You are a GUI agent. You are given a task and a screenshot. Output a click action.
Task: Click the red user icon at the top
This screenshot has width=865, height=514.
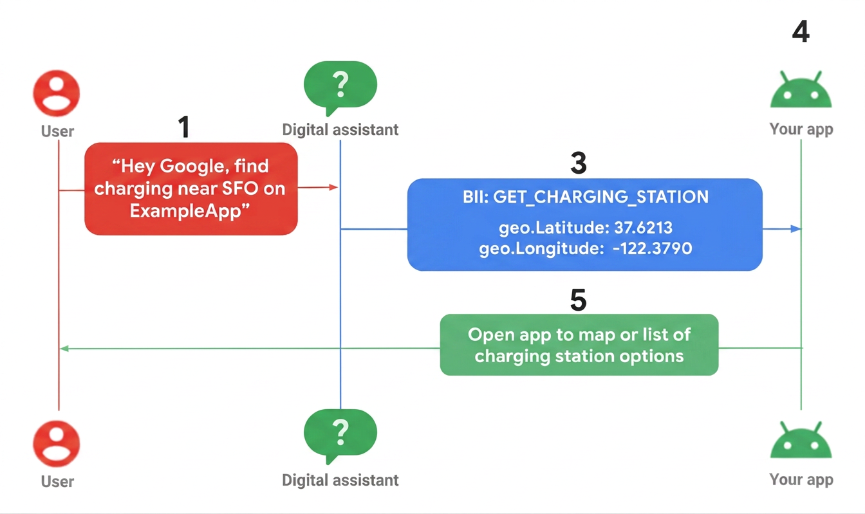(57, 93)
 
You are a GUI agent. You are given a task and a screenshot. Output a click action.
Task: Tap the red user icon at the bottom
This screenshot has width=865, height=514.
(57, 444)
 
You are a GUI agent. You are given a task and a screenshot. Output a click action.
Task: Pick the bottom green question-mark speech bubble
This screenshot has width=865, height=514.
(340, 436)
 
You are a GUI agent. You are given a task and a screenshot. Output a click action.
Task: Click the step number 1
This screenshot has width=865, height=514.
(184, 127)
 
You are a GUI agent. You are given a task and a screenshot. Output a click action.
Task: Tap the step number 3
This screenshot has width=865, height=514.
(579, 163)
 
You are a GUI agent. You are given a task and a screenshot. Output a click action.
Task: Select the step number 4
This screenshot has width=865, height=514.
(801, 31)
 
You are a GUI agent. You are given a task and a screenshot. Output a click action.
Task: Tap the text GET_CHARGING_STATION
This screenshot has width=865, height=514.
(601, 197)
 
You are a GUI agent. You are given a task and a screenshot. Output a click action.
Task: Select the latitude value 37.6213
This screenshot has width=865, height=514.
(644, 228)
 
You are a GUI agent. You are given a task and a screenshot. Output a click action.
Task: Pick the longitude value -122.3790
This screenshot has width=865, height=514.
(653, 248)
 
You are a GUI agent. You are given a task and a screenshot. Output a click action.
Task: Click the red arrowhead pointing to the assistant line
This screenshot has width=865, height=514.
(333, 187)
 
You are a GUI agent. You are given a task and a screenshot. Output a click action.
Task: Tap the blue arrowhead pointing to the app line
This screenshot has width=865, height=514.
(796, 229)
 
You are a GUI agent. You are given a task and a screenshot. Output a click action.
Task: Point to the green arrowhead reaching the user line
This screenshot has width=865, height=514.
(64, 349)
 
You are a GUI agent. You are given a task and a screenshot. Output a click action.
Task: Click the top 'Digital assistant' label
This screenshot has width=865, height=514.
(340, 130)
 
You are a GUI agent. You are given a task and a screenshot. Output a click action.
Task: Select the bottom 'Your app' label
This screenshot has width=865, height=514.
(801, 480)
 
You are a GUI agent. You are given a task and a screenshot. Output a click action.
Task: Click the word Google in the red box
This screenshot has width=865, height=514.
(191, 167)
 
